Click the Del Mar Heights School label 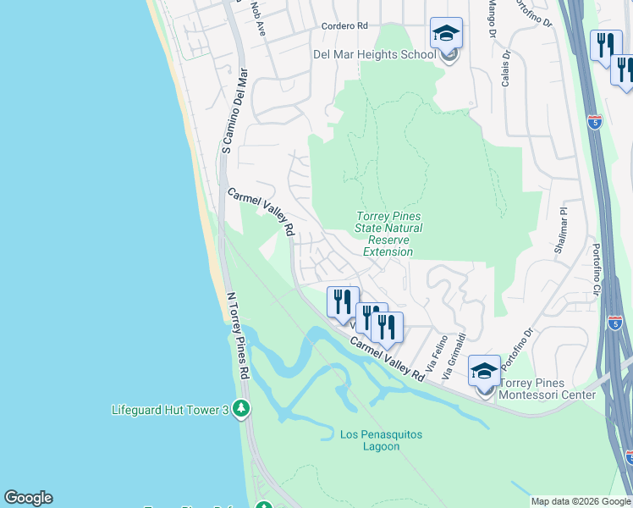click(374, 55)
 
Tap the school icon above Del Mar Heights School click(446, 35)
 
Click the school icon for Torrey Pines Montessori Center click(484, 372)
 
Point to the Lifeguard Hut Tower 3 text click(170, 411)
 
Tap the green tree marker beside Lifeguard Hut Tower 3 click(242, 410)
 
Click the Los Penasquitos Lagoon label click(381, 440)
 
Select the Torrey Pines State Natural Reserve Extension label click(388, 235)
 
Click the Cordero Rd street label click(344, 26)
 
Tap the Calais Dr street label click(505, 67)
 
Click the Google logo click(28, 498)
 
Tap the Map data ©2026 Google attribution click(581, 501)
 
